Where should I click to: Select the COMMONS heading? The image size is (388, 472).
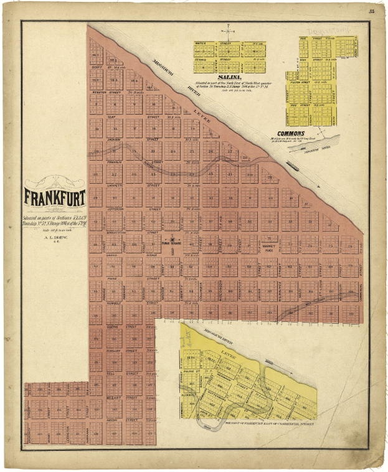[291, 133]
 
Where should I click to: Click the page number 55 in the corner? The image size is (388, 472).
[371, 11]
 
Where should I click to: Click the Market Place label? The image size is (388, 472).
[268, 247]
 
